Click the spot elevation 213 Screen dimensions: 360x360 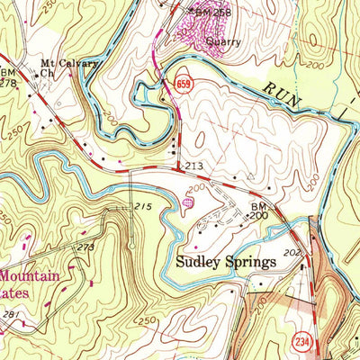tap(194, 167)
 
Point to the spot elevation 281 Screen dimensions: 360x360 tap(11, 314)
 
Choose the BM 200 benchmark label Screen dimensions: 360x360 tap(257, 211)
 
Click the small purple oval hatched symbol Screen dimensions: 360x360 tap(187, 203)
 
